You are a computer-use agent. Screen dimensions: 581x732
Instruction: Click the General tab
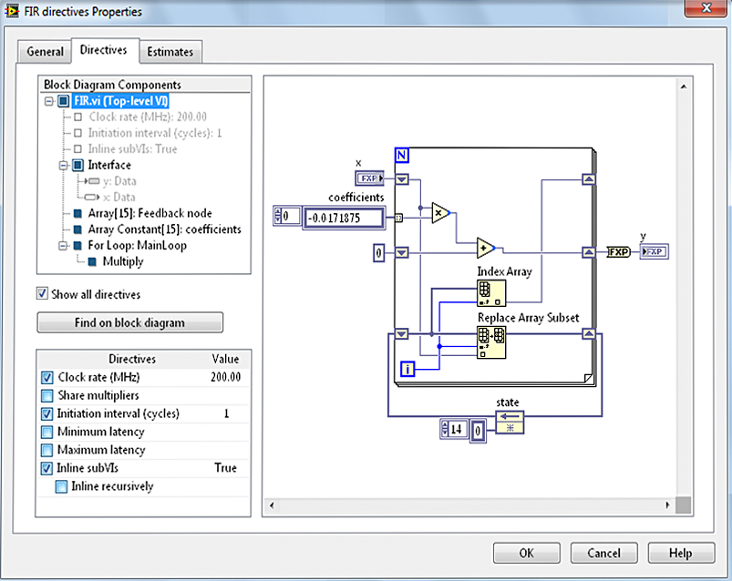click(45, 52)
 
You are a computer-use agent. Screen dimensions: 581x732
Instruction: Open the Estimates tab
click(170, 52)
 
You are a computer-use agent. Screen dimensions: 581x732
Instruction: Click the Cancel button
click(603, 553)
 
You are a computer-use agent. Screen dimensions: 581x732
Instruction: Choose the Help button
click(680, 553)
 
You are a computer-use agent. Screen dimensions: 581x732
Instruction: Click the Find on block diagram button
click(129, 322)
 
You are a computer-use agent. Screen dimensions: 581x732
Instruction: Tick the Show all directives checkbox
click(42, 294)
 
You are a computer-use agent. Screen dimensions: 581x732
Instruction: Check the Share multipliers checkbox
click(47, 395)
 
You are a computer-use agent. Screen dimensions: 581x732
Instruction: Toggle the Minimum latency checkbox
click(47, 432)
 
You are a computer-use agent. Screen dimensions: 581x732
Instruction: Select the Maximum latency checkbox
click(47, 450)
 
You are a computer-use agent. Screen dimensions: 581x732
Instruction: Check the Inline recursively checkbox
click(61, 486)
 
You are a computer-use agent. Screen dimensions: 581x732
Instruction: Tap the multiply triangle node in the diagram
click(440, 212)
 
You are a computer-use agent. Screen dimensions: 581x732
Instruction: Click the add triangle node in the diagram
click(485, 248)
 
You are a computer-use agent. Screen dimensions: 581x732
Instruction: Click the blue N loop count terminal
click(402, 154)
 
